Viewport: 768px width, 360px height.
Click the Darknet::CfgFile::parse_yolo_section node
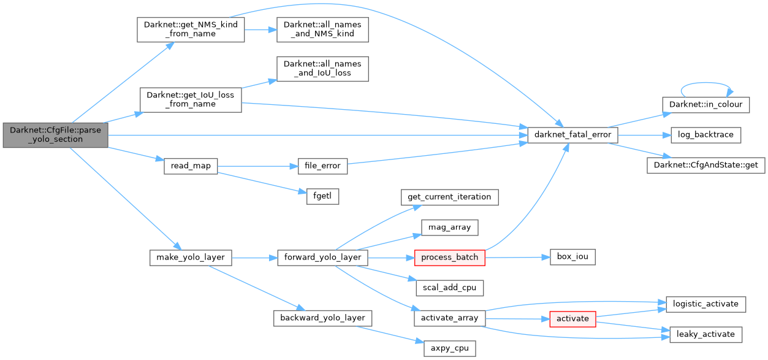pyautogui.click(x=55, y=135)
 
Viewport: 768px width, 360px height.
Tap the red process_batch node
pyautogui.click(x=449, y=257)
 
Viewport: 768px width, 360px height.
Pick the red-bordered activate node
pyautogui.click(x=572, y=318)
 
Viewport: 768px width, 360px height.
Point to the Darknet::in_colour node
pyautogui.click(x=705, y=104)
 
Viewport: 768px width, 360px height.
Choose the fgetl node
pyautogui.click(x=322, y=196)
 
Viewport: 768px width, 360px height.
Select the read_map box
pyautogui.click(x=191, y=166)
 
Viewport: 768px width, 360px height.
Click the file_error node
pyautogui.click(x=322, y=166)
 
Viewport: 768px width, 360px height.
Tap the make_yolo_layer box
pyautogui.click(x=191, y=257)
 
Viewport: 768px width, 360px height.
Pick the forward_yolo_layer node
pyautogui.click(x=322, y=257)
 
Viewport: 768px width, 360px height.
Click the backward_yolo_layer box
pyautogui.click(x=322, y=318)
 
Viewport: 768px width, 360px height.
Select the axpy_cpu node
pyautogui.click(x=449, y=348)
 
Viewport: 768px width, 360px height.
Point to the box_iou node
pyautogui.click(x=572, y=257)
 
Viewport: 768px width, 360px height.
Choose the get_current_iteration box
pyautogui.click(x=449, y=196)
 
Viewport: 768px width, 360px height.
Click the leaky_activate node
pyautogui.click(x=705, y=334)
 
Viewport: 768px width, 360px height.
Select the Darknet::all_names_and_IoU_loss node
pyautogui.click(x=322, y=69)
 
